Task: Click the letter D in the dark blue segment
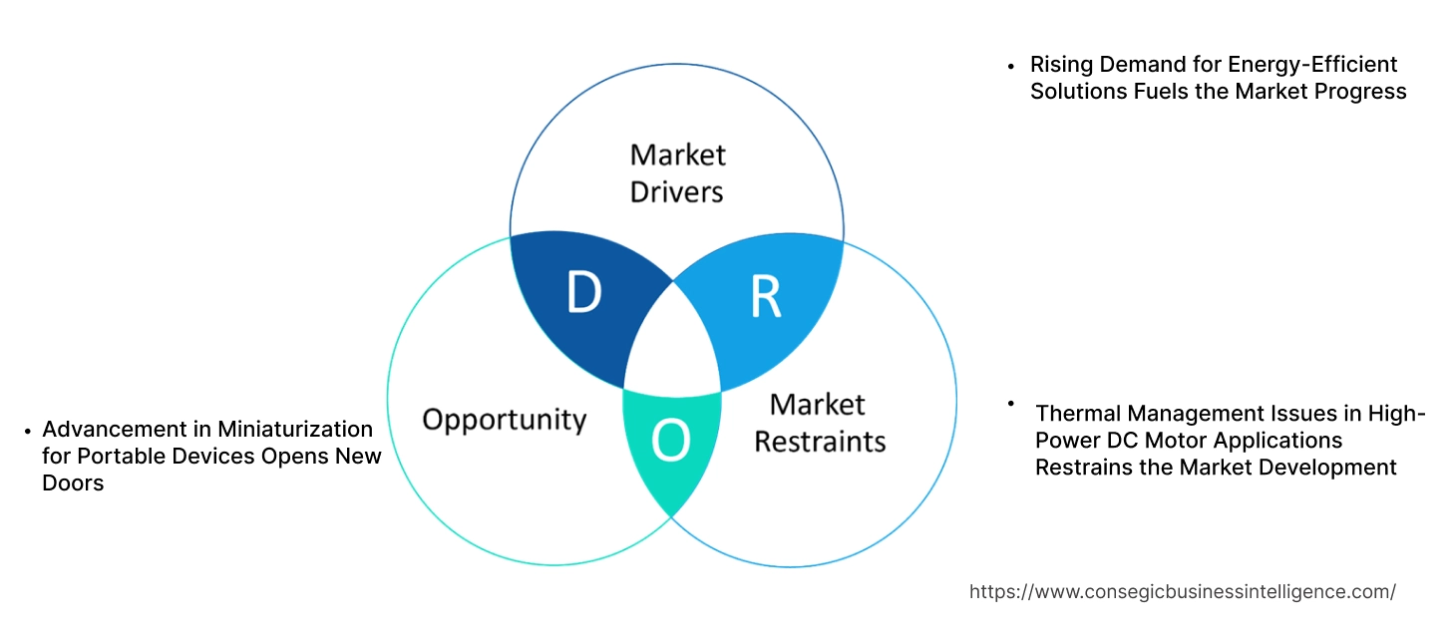(584, 293)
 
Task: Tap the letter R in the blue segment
(765, 295)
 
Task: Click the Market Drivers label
(677, 172)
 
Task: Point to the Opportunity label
(504, 419)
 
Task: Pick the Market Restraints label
(819, 422)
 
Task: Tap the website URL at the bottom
(1182, 591)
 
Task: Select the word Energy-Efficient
(1314, 65)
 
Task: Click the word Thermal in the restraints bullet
(1078, 414)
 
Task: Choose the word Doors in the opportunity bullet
(73, 482)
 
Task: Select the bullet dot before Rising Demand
(1011, 66)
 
